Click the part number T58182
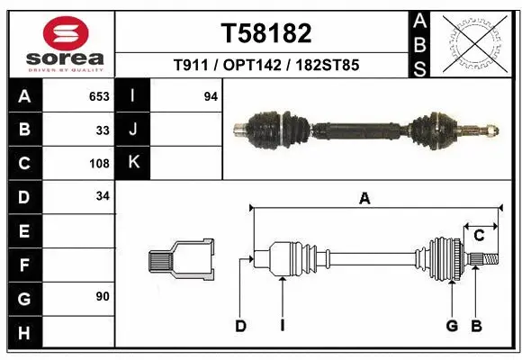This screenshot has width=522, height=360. coord(266,34)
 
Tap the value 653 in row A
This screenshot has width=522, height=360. coord(98,96)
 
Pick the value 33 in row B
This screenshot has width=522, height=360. coord(102,130)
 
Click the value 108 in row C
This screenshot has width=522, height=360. coord(98,164)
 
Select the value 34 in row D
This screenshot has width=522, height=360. coord(102,196)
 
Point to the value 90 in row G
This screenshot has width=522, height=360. coord(102,296)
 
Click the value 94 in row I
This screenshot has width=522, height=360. coord(211,96)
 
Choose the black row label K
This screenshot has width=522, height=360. coord(133,163)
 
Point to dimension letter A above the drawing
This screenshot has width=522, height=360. coord(364,200)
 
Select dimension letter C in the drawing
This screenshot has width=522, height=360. coord(480,236)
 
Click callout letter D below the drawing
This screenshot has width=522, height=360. coord(240,326)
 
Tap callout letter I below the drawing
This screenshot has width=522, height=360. coord(282,326)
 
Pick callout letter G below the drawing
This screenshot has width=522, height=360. coord(452,326)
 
